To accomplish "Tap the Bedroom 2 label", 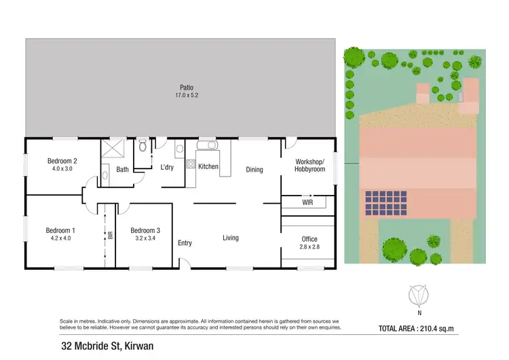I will coord(62,161).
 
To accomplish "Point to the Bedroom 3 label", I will coord(146,230).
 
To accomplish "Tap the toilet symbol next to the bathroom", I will coord(143,146).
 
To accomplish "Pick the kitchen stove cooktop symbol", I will coord(191,164).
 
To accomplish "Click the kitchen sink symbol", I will coord(206,145).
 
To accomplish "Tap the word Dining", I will coord(254,170).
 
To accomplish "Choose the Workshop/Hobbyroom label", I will coord(309,165).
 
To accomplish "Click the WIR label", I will coord(307,202).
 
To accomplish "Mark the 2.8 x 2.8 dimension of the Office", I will coord(309,247).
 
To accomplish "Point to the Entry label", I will coord(185,243).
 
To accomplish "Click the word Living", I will coord(231,238).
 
